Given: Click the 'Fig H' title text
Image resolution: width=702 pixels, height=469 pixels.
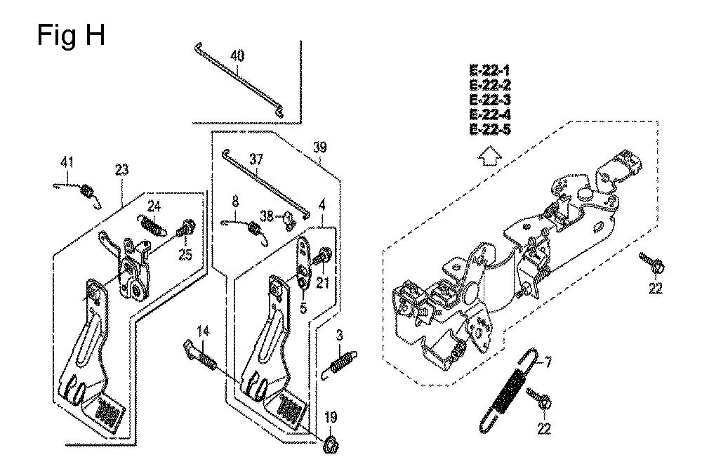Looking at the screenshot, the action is pos(71,36).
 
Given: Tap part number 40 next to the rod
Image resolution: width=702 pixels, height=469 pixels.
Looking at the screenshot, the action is pos(237,56).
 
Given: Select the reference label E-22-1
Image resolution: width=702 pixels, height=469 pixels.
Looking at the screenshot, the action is pos(490,71).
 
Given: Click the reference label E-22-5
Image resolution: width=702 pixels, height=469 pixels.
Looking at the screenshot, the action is pos(490,129).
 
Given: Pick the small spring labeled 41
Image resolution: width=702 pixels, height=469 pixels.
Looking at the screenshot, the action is pos(80,192).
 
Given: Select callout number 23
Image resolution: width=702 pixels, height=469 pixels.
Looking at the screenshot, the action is pos(121,170).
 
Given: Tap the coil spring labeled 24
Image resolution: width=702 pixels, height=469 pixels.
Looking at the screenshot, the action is pos(152,223).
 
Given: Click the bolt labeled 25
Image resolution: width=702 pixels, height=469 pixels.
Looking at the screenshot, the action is pos(185,227).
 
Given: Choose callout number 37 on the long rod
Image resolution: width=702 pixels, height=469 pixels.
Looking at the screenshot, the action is pos(256,159).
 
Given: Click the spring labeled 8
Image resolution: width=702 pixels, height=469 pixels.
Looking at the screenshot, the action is pos(245,230).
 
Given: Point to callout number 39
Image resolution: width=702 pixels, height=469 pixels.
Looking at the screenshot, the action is pos(319,147).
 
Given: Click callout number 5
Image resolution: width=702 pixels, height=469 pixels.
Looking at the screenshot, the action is pos(303,309).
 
